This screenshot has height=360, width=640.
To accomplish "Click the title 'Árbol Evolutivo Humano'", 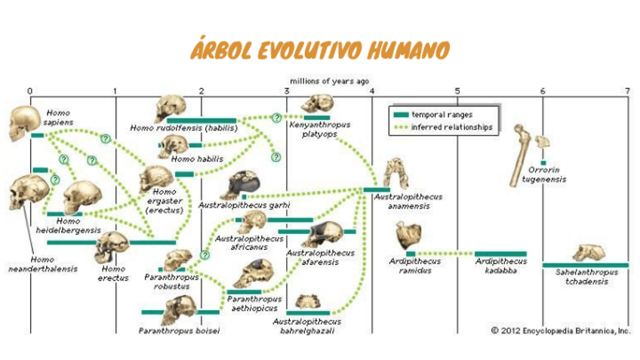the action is pyautogui.click(x=320, y=51).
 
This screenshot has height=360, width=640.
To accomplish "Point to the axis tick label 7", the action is pyautogui.click(x=627, y=91).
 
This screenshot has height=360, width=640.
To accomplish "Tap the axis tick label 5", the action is pyautogui.click(x=457, y=91).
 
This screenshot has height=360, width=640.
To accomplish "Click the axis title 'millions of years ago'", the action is pyautogui.click(x=330, y=80).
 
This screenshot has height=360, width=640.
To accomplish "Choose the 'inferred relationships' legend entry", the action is pyautogui.click(x=442, y=128).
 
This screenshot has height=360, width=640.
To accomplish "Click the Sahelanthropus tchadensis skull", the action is pyautogui.click(x=594, y=253).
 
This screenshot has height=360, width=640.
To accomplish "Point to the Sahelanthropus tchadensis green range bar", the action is pyautogui.click(x=585, y=265).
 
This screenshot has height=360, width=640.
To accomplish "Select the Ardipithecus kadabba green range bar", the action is pyautogui.click(x=500, y=254).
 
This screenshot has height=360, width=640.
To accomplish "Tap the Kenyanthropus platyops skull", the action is pyautogui.click(x=317, y=104).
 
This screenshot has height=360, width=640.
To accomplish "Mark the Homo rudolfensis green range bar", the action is pyautogui.click(x=201, y=120).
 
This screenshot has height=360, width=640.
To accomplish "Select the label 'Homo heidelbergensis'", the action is pyautogui.click(x=68, y=226).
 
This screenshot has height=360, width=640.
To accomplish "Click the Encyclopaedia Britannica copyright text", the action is pyautogui.click(x=561, y=330).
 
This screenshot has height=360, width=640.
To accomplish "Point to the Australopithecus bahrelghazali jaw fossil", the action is pyautogui.click(x=306, y=301).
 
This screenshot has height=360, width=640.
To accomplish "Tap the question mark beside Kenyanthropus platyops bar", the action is pyautogui.click(x=277, y=118).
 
